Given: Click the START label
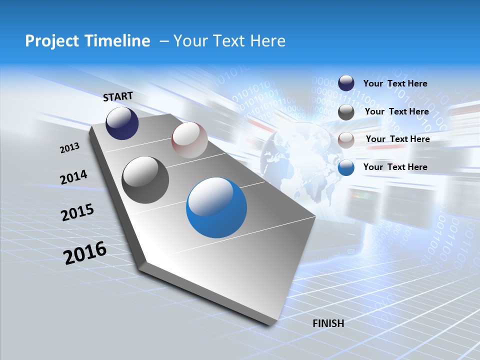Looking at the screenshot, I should pos(118,96).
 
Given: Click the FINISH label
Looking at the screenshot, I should pos(328,323).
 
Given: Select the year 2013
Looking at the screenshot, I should pos(69,148).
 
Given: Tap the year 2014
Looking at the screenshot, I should pos(73,177).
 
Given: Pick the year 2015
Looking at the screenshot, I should pos(77,212).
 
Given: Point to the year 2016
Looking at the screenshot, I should pos(85,252).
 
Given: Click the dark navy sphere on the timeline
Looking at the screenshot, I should pos(122,123).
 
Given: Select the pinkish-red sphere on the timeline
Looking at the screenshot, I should pos(189,140).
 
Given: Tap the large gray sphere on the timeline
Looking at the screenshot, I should pos(145,180).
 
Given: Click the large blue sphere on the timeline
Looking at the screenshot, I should pos(216,207).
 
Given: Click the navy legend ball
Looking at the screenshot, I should pos(346,83).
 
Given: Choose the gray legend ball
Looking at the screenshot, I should pos(346,112).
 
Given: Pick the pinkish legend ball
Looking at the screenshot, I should pos(346,140).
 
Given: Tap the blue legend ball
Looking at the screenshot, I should pos(346,167).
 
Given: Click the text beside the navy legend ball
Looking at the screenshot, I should pos(395,84).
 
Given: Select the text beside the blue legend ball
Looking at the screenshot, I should pos(395,167).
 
